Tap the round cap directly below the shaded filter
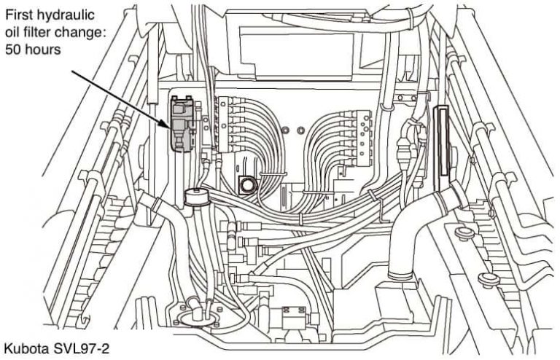pos(195,195)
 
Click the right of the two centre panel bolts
pos(302,130)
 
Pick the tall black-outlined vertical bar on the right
pos(440,146)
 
